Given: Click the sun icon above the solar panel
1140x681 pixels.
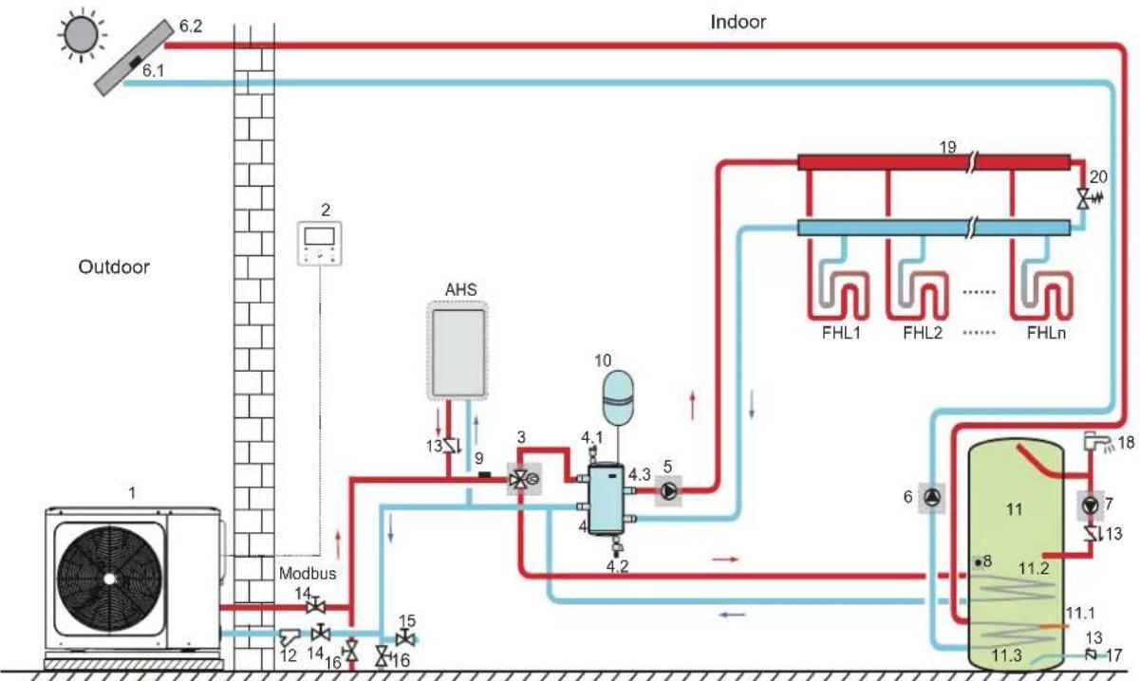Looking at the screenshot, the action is (x=82, y=35).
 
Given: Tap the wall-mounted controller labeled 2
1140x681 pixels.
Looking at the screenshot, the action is (x=320, y=243).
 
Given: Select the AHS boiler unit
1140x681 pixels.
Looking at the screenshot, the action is (x=458, y=352).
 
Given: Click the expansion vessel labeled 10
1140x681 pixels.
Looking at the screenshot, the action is (x=618, y=396).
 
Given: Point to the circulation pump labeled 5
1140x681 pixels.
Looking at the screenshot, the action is (x=669, y=490).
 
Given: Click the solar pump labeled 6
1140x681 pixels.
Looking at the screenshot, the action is (x=932, y=497).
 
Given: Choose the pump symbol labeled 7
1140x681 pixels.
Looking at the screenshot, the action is (x=1090, y=505).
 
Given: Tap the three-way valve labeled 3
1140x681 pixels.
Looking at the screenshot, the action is (x=524, y=479).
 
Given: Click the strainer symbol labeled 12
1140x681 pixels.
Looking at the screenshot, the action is (x=290, y=636).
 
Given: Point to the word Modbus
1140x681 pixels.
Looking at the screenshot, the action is (x=308, y=573).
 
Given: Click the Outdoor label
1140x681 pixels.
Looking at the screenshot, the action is (x=114, y=267).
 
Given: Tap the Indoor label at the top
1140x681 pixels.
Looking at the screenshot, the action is (x=738, y=22).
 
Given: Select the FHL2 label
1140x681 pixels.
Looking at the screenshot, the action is (x=923, y=333).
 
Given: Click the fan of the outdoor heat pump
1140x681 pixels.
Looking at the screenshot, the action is (x=109, y=579).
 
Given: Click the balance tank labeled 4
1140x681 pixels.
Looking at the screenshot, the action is (x=607, y=499).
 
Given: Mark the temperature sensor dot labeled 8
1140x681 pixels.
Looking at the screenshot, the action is (x=978, y=563).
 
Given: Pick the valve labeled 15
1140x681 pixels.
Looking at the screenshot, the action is (x=405, y=637).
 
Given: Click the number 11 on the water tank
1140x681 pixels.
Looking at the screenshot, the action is (x=1014, y=509).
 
